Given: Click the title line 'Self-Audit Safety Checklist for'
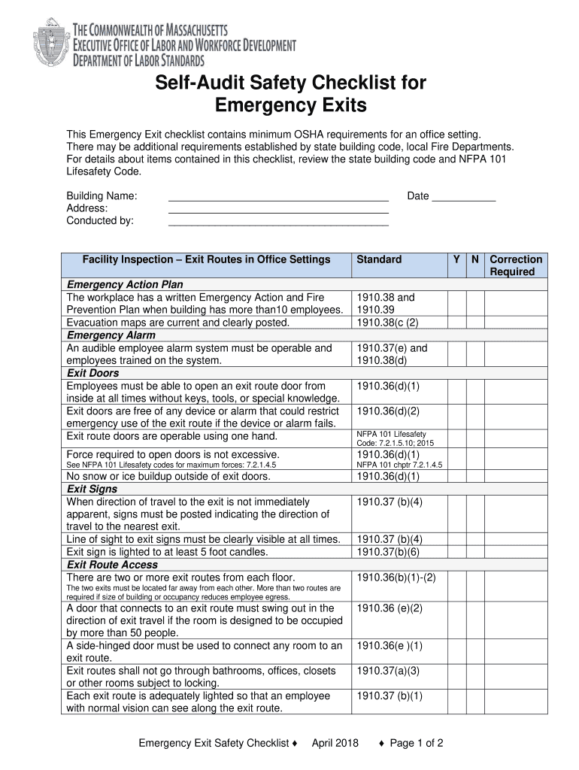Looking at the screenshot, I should pyautogui.click(x=290, y=83).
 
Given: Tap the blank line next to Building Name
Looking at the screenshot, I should pyautogui.click(x=278, y=197).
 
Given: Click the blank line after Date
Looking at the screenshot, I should pyautogui.click(x=464, y=197).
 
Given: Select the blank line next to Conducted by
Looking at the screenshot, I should pyautogui.click(x=278, y=221).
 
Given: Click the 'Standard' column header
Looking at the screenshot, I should pyautogui.click(x=379, y=259).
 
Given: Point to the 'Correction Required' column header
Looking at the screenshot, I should pyautogui.click(x=516, y=265).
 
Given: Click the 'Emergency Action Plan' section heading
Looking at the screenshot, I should pyautogui.click(x=126, y=285).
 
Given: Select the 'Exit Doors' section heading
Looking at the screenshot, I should pyautogui.click(x=93, y=373).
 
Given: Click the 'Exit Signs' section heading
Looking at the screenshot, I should pyautogui.click(x=92, y=489).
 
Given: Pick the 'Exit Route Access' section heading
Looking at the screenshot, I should pyautogui.click(x=113, y=565).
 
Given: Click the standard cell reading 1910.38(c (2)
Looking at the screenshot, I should pyautogui.click(x=387, y=323).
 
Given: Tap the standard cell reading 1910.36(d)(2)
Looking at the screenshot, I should pyautogui.click(x=388, y=411).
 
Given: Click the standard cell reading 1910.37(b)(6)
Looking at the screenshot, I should pyautogui.click(x=388, y=552).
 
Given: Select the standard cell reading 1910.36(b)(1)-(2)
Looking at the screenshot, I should pyautogui.click(x=396, y=577).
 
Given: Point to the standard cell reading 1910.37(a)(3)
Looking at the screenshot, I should pyautogui.click(x=388, y=671).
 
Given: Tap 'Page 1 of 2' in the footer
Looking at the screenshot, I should pyautogui.click(x=416, y=744).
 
